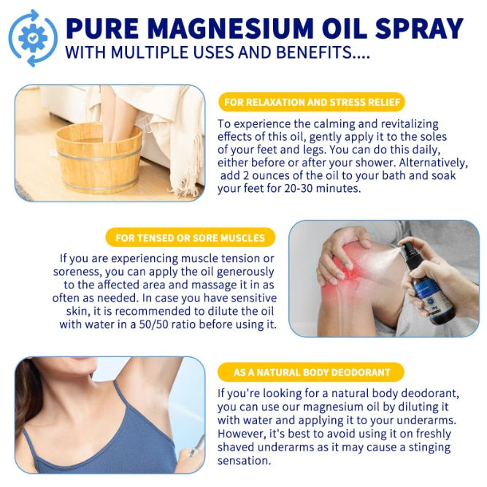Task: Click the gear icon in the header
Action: coord(33,38)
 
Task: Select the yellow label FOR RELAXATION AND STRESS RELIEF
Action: coord(312,102)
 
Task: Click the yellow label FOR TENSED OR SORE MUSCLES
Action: coord(190,237)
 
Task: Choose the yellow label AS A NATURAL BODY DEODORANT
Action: coord(311,372)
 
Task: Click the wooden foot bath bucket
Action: coord(99,158)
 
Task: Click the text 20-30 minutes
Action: coord(322,188)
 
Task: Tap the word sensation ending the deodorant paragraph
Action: coord(244,461)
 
